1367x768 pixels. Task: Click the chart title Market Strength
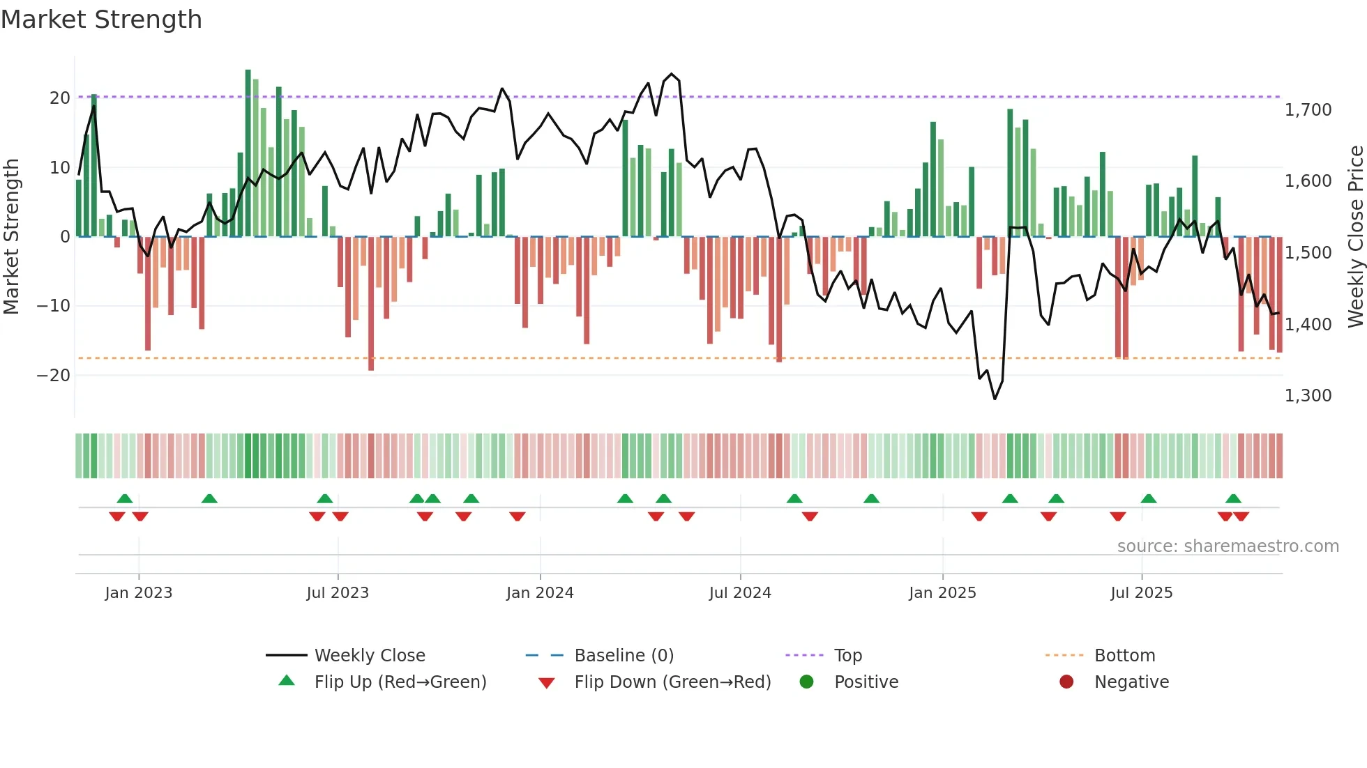coord(101,20)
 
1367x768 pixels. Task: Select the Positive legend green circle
coord(807,682)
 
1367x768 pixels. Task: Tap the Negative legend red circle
coord(1066,682)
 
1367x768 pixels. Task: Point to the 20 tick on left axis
coord(60,98)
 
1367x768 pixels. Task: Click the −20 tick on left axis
coord(54,375)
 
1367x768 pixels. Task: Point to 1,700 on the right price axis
coord(1308,109)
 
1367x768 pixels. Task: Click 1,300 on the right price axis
coord(1308,395)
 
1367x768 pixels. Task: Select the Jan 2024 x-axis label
coord(540,592)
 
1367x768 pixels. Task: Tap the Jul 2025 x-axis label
coord(1141,592)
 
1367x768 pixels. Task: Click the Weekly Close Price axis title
coord(1355,237)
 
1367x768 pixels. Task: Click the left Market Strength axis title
coord(11,237)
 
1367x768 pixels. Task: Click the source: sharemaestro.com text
coord(1228,546)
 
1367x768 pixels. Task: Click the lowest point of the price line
coord(995,399)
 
